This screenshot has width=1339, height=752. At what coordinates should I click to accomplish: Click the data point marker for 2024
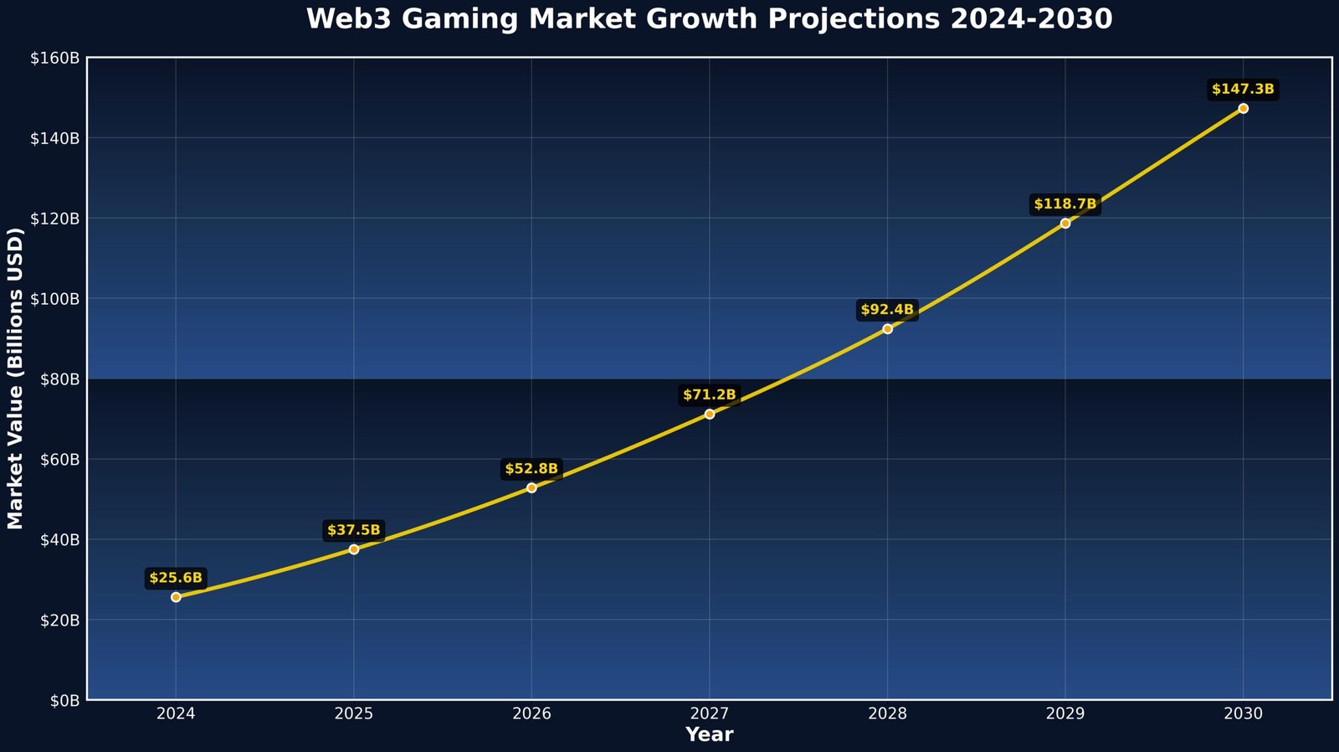(x=176, y=597)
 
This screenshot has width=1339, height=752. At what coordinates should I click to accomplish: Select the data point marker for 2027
(x=710, y=414)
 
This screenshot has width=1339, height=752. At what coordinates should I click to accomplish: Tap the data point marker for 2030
(x=1243, y=108)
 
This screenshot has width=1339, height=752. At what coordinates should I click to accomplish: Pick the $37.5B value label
(x=353, y=530)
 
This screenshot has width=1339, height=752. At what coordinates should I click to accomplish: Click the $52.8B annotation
(x=531, y=469)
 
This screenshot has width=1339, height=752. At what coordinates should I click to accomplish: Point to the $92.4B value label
(x=887, y=310)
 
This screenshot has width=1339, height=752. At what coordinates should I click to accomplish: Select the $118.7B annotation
(x=1065, y=204)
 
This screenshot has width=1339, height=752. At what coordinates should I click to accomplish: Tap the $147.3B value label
(x=1243, y=90)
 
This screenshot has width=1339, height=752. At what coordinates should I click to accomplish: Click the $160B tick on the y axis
(x=54, y=58)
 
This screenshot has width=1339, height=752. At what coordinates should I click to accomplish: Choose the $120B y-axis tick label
(x=54, y=219)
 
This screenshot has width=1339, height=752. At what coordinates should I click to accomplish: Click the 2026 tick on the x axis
(x=531, y=714)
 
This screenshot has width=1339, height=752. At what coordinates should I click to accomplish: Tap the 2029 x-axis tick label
(x=1065, y=714)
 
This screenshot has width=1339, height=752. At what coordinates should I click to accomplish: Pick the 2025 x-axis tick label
(x=353, y=714)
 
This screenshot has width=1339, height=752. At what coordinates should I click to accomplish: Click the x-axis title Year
(x=709, y=735)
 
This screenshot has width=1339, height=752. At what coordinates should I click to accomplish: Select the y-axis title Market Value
(x=16, y=379)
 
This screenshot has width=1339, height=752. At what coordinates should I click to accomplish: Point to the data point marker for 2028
(x=887, y=329)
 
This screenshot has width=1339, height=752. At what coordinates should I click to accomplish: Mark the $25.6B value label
(x=176, y=578)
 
